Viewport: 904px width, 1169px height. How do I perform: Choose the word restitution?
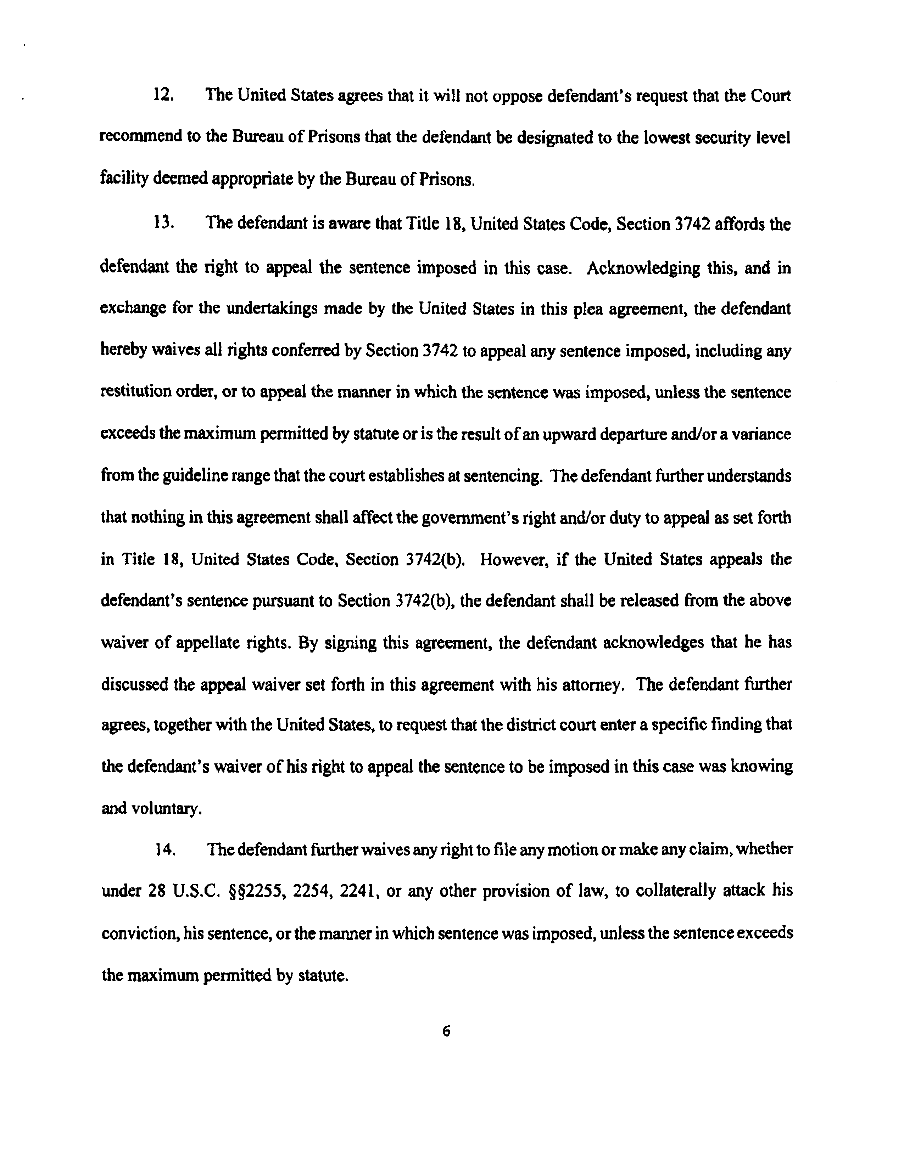(134, 393)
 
